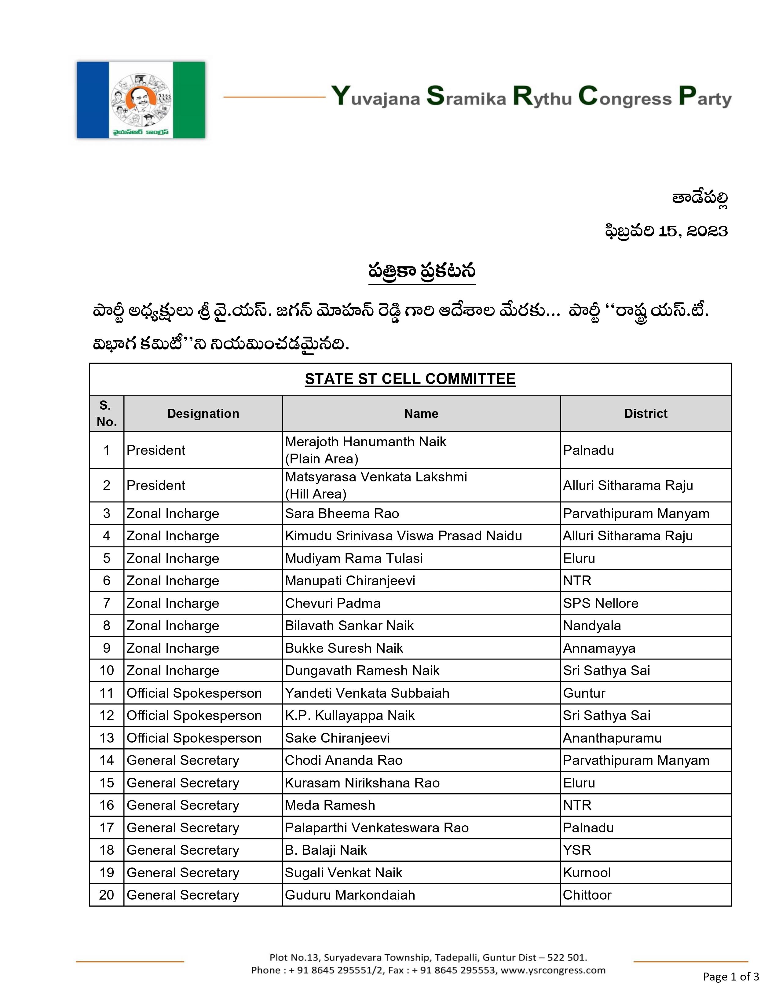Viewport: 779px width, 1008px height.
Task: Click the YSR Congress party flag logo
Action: (x=141, y=100)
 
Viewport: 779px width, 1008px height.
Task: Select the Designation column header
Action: (x=203, y=414)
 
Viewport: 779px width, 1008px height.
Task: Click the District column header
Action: (x=645, y=414)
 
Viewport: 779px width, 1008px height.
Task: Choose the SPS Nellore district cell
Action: (x=600, y=603)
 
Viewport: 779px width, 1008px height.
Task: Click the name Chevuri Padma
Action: (x=332, y=603)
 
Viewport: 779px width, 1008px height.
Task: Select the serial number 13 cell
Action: (x=107, y=738)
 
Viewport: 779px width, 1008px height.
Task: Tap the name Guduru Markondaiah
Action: (x=350, y=895)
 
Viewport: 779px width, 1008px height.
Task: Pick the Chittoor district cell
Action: (x=587, y=895)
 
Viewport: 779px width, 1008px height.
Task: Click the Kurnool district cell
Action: (x=587, y=873)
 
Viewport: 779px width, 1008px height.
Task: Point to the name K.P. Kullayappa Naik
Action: (x=349, y=715)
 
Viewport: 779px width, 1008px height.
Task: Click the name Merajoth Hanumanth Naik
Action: (x=365, y=442)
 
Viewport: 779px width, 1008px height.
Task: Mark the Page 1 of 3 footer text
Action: (x=730, y=977)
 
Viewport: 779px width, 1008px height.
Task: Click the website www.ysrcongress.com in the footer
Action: (x=553, y=970)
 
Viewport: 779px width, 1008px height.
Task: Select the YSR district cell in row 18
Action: (x=577, y=850)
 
